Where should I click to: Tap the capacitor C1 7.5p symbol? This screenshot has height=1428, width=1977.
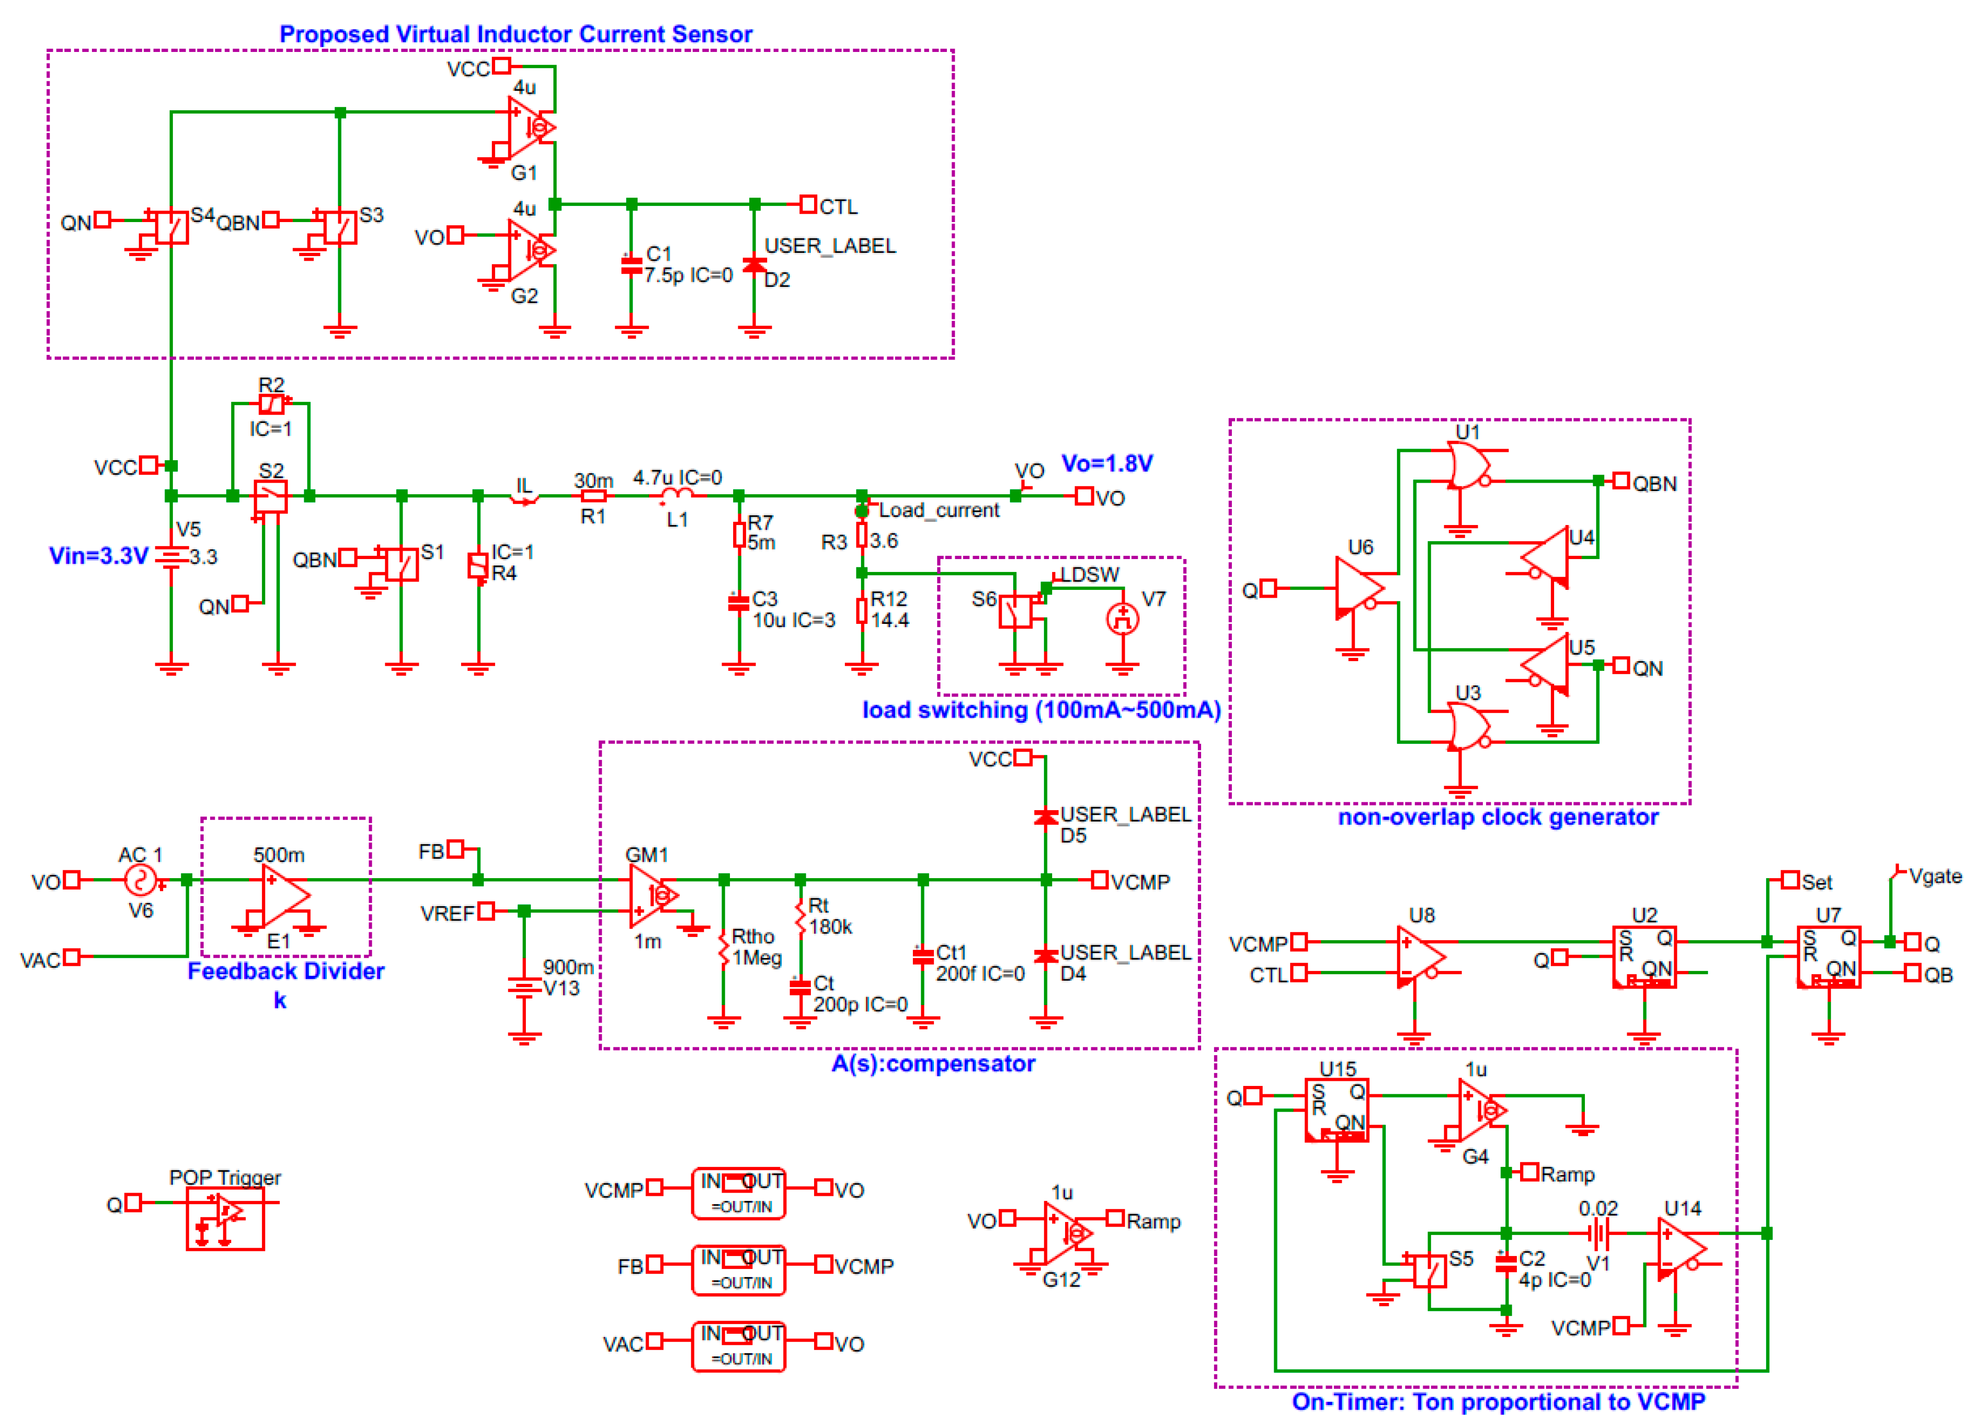coord(631,265)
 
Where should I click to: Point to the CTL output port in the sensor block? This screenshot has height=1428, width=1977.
coord(808,205)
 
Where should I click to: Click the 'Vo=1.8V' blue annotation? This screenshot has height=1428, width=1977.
coord(1106,463)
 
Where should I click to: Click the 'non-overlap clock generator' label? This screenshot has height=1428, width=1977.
coord(1498,817)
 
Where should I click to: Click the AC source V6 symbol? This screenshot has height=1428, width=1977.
coord(139,880)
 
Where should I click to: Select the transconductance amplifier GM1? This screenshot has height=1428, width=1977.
coord(651,895)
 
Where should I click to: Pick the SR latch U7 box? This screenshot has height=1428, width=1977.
coord(1828,956)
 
